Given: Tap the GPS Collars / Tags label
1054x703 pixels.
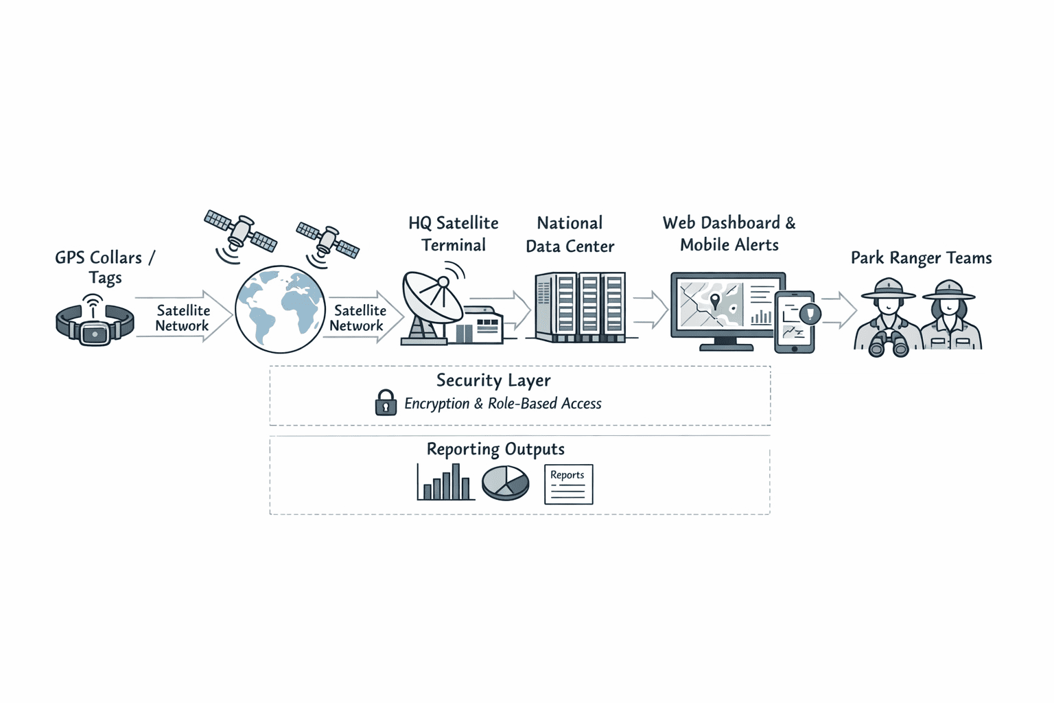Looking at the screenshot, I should [x=105, y=267].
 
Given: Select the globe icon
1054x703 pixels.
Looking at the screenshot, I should [x=280, y=310].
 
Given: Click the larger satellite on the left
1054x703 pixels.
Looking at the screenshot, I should [x=241, y=231].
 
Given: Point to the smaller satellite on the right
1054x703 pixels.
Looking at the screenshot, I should [x=328, y=240].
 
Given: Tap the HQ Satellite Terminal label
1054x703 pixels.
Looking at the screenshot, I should [x=453, y=234].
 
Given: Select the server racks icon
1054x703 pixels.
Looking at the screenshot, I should [x=580, y=307].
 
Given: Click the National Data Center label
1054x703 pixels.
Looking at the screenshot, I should [x=570, y=234].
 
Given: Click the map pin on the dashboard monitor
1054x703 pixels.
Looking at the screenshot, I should [x=715, y=301].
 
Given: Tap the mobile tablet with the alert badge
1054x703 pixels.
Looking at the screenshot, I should [x=795, y=322].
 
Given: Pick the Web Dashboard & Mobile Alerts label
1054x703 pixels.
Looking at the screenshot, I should [x=729, y=234].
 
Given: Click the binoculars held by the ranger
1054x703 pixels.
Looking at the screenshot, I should [x=889, y=343].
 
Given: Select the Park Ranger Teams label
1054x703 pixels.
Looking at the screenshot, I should [x=921, y=258].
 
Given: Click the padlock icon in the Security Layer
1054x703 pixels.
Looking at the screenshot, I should [x=386, y=403].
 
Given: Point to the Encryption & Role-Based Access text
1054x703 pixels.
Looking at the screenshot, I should [x=502, y=404].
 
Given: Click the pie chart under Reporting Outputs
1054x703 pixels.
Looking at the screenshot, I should [x=506, y=483].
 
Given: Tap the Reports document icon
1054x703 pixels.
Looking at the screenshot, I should [x=568, y=485].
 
